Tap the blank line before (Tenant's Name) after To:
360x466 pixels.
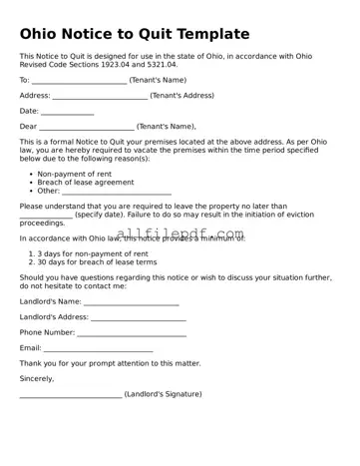point(79,81)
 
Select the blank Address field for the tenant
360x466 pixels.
point(100,96)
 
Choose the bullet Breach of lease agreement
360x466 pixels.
point(85,183)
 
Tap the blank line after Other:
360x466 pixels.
point(110,192)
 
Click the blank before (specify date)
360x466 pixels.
point(46,216)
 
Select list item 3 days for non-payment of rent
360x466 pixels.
point(93,253)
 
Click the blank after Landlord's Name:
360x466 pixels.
point(132,301)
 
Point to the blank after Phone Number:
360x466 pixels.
point(132,332)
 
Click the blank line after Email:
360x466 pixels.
point(99,348)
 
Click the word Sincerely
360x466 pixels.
point(37,379)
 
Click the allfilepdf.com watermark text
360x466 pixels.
point(180,235)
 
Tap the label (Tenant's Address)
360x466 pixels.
point(182,96)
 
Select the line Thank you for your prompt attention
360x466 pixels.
point(110,363)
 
